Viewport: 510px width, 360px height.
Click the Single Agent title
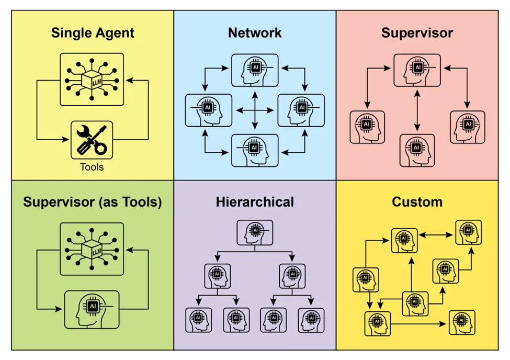[x=93, y=33]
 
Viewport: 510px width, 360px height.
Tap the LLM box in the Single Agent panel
[x=92, y=78]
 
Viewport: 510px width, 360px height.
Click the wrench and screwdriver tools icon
[x=92, y=140]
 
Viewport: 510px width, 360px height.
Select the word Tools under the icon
[x=92, y=167]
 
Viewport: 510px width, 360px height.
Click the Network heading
[x=255, y=33]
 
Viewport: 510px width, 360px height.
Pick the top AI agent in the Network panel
[x=255, y=70]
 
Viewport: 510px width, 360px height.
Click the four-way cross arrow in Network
[x=255, y=110]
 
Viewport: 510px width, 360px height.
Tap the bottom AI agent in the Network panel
[x=255, y=150]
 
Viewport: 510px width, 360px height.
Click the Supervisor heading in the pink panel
[x=417, y=33]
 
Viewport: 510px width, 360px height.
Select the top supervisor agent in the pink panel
[x=417, y=70]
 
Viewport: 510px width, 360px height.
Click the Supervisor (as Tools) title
[x=93, y=201]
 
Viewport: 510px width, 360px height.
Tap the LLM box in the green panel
[x=92, y=249]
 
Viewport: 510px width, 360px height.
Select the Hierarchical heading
[x=255, y=201]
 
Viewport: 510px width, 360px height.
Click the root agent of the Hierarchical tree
[x=255, y=232]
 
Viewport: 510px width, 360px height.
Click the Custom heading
[x=417, y=201]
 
